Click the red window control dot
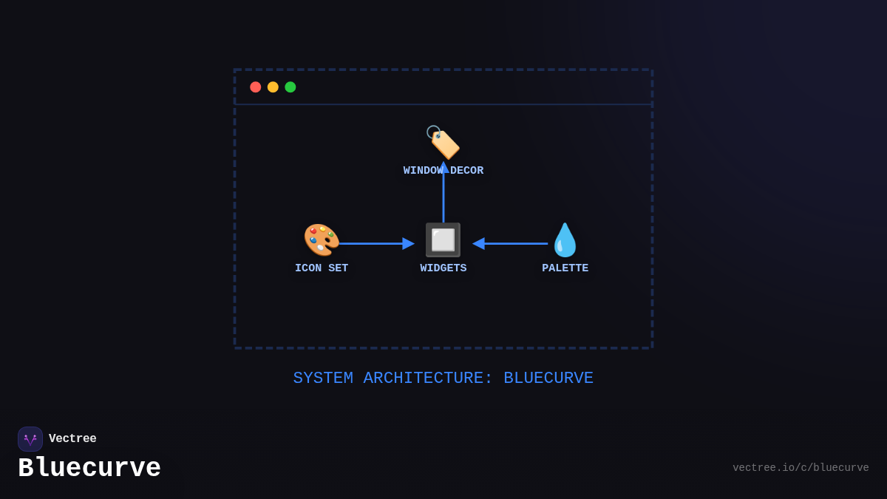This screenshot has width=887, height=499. (256, 87)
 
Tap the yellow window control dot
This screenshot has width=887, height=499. (273, 87)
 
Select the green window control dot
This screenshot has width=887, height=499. (290, 87)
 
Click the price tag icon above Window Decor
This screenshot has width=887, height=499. (443, 141)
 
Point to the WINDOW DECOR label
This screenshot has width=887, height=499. (443, 171)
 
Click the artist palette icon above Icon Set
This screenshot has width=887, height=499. (322, 240)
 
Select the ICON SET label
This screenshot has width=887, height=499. (322, 268)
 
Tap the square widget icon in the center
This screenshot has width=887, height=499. (443, 240)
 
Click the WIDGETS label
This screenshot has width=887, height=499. (443, 268)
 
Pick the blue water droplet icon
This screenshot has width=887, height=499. (565, 240)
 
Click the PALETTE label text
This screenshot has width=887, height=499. (565, 268)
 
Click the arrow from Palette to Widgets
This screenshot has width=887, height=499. (512, 243)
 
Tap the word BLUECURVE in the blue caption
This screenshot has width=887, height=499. (548, 379)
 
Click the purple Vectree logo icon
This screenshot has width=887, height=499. (30, 439)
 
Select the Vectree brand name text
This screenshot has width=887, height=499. (72, 439)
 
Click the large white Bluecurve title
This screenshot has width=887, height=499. (89, 469)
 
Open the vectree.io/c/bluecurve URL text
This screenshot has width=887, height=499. (801, 468)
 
